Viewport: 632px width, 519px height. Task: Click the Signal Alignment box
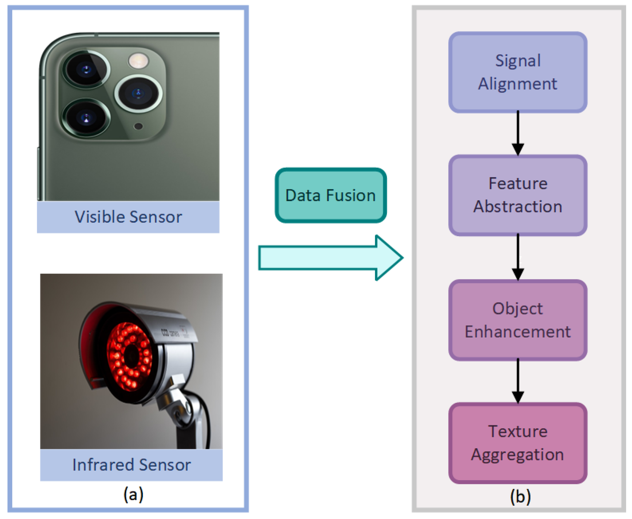[517, 72]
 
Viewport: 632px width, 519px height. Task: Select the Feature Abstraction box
[517, 195]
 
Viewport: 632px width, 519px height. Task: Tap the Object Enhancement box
[517, 320]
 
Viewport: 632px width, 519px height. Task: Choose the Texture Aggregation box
[517, 443]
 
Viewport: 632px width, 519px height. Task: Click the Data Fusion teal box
[331, 195]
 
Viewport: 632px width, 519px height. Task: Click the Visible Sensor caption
[128, 217]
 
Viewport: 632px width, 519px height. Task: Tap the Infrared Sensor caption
[131, 465]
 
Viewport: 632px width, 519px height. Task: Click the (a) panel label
[133, 494]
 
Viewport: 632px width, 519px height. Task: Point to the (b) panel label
[520, 496]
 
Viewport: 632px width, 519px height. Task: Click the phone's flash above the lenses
[138, 60]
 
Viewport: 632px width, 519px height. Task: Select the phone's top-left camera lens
[86, 69]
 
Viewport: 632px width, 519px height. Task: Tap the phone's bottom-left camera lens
[86, 118]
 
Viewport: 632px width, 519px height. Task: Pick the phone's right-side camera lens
[138, 93]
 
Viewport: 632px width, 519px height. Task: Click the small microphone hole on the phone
[138, 126]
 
